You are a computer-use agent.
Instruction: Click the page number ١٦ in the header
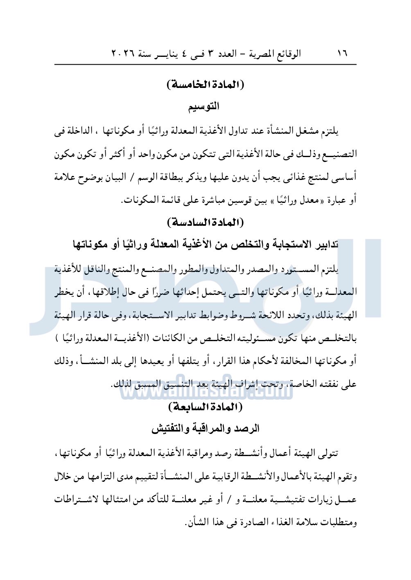342,54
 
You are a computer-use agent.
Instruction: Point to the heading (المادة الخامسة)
205,85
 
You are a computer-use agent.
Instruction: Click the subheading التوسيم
204,107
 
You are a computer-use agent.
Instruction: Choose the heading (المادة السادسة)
205,223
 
